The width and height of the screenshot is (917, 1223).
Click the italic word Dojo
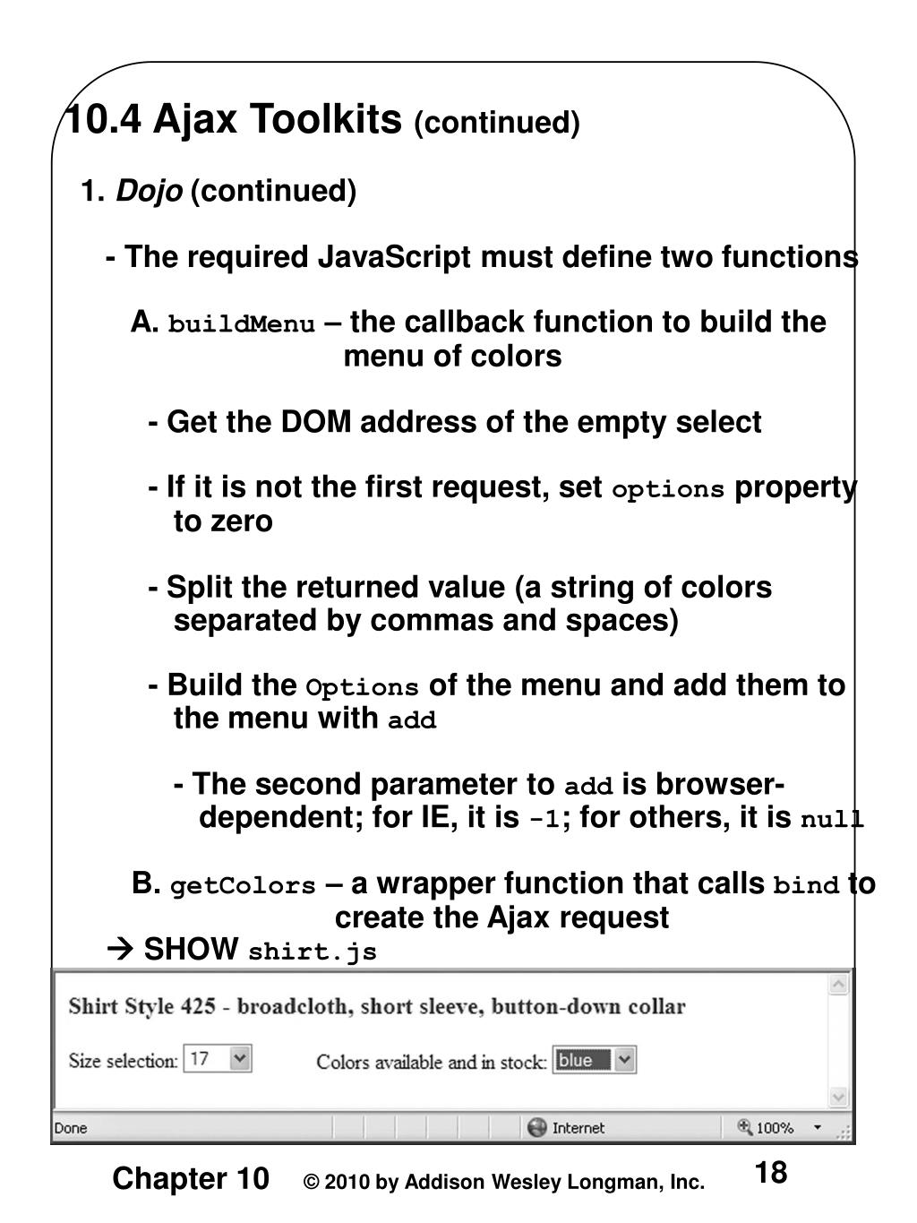point(150,191)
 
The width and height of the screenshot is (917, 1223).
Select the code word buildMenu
point(242,324)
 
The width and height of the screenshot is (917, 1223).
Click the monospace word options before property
point(667,490)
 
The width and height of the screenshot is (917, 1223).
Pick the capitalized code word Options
point(362,688)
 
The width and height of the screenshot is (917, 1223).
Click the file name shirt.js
point(312,952)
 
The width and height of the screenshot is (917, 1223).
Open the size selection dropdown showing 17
point(240,1059)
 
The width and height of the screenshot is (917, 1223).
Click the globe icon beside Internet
point(536,1127)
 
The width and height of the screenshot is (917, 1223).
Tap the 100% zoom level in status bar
point(775,1128)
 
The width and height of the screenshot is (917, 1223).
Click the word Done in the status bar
point(71,1128)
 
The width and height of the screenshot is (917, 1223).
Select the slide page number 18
point(770,1172)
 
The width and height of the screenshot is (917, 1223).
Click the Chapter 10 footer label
point(190,1179)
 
